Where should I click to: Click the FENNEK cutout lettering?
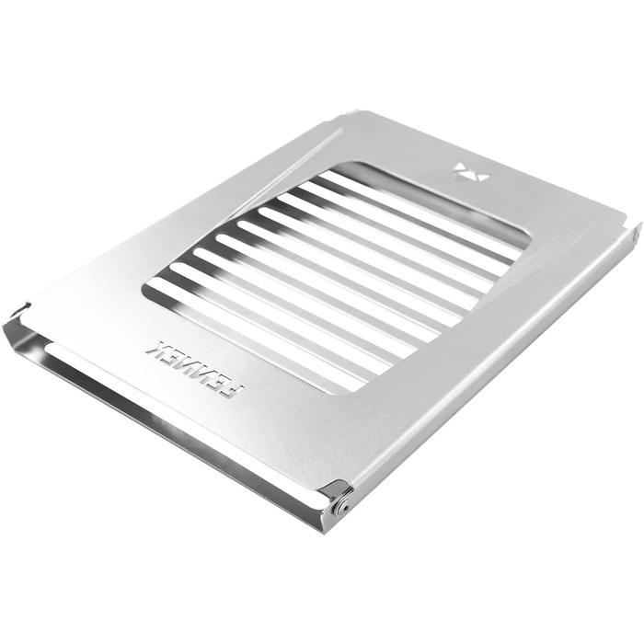[x=195, y=369]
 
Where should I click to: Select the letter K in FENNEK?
[x=156, y=348]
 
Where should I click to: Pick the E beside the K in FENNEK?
[x=173, y=356]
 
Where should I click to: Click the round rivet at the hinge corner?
[x=341, y=510]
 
